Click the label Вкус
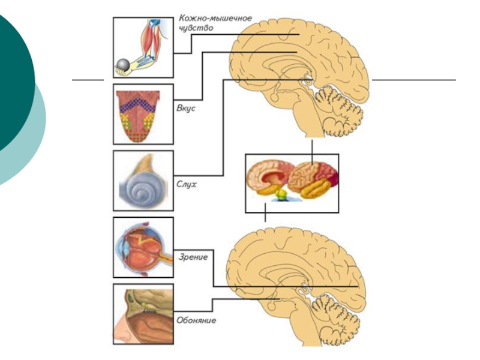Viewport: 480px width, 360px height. (x=186, y=109)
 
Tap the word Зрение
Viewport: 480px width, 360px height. (x=193, y=257)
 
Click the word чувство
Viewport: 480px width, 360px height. (x=196, y=28)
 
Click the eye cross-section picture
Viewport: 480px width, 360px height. (x=143, y=247)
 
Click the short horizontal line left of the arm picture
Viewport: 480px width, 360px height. (x=88, y=79)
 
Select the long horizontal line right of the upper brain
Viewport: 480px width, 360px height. (x=414, y=79)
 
